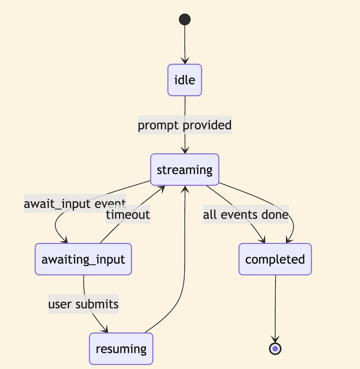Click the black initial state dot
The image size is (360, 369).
184,19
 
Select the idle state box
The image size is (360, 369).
184,80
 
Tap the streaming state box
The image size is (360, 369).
184,170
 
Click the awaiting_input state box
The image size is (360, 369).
83,260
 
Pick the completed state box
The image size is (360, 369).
275,260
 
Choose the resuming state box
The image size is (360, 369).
121,349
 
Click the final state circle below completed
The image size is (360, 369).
275,348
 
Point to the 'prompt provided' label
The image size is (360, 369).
184,125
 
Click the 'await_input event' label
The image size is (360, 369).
75,204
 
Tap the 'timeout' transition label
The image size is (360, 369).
128,214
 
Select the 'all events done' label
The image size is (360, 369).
245,214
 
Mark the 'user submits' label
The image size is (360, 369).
83,304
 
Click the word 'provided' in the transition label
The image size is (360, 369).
208,125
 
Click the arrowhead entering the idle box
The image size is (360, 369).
184,61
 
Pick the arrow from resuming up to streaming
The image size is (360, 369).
184,270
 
